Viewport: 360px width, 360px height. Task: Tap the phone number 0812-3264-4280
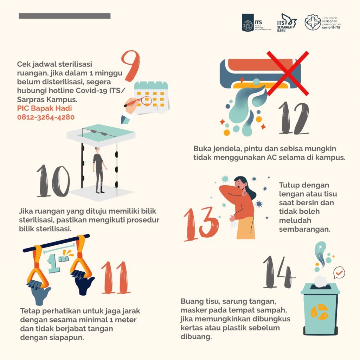click(x=46, y=117)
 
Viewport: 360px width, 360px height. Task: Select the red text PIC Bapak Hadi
click(x=45, y=108)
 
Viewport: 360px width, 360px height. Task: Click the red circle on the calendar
click(x=146, y=100)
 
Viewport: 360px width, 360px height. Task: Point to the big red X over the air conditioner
click(x=288, y=73)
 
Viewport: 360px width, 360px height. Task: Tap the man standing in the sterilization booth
click(x=99, y=170)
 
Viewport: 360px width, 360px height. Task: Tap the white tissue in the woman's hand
click(x=233, y=223)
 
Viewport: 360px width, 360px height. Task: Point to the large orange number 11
click(x=116, y=278)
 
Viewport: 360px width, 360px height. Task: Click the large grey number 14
click(x=278, y=272)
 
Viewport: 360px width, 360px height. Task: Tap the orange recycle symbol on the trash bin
click(x=319, y=312)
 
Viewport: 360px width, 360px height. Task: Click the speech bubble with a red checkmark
click(x=339, y=272)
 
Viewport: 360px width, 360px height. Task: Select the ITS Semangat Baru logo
click(x=286, y=23)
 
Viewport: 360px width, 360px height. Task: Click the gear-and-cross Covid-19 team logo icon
click(x=313, y=22)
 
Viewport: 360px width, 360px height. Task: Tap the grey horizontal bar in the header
click(x=65, y=16)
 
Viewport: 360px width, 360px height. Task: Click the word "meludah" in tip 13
click(x=295, y=220)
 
